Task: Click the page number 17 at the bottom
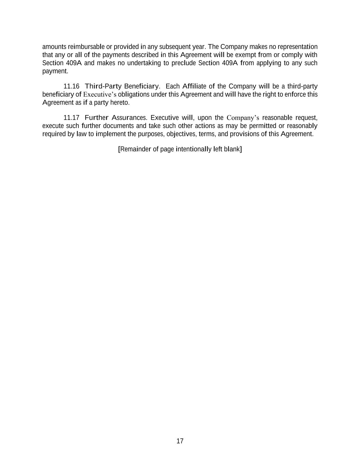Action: pyautogui.click(x=180, y=441)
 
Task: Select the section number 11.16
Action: pyautogui.click(x=71, y=86)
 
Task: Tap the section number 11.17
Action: pyautogui.click(x=71, y=118)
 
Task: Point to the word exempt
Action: pyautogui.click(x=245, y=55)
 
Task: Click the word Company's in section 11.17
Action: pyautogui.click(x=243, y=118)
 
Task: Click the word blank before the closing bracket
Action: pyautogui.click(x=232, y=149)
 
